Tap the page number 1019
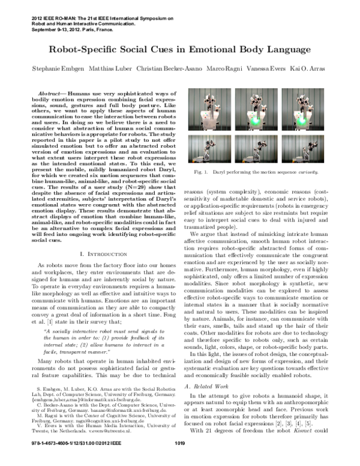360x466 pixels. tap(180, 460)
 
